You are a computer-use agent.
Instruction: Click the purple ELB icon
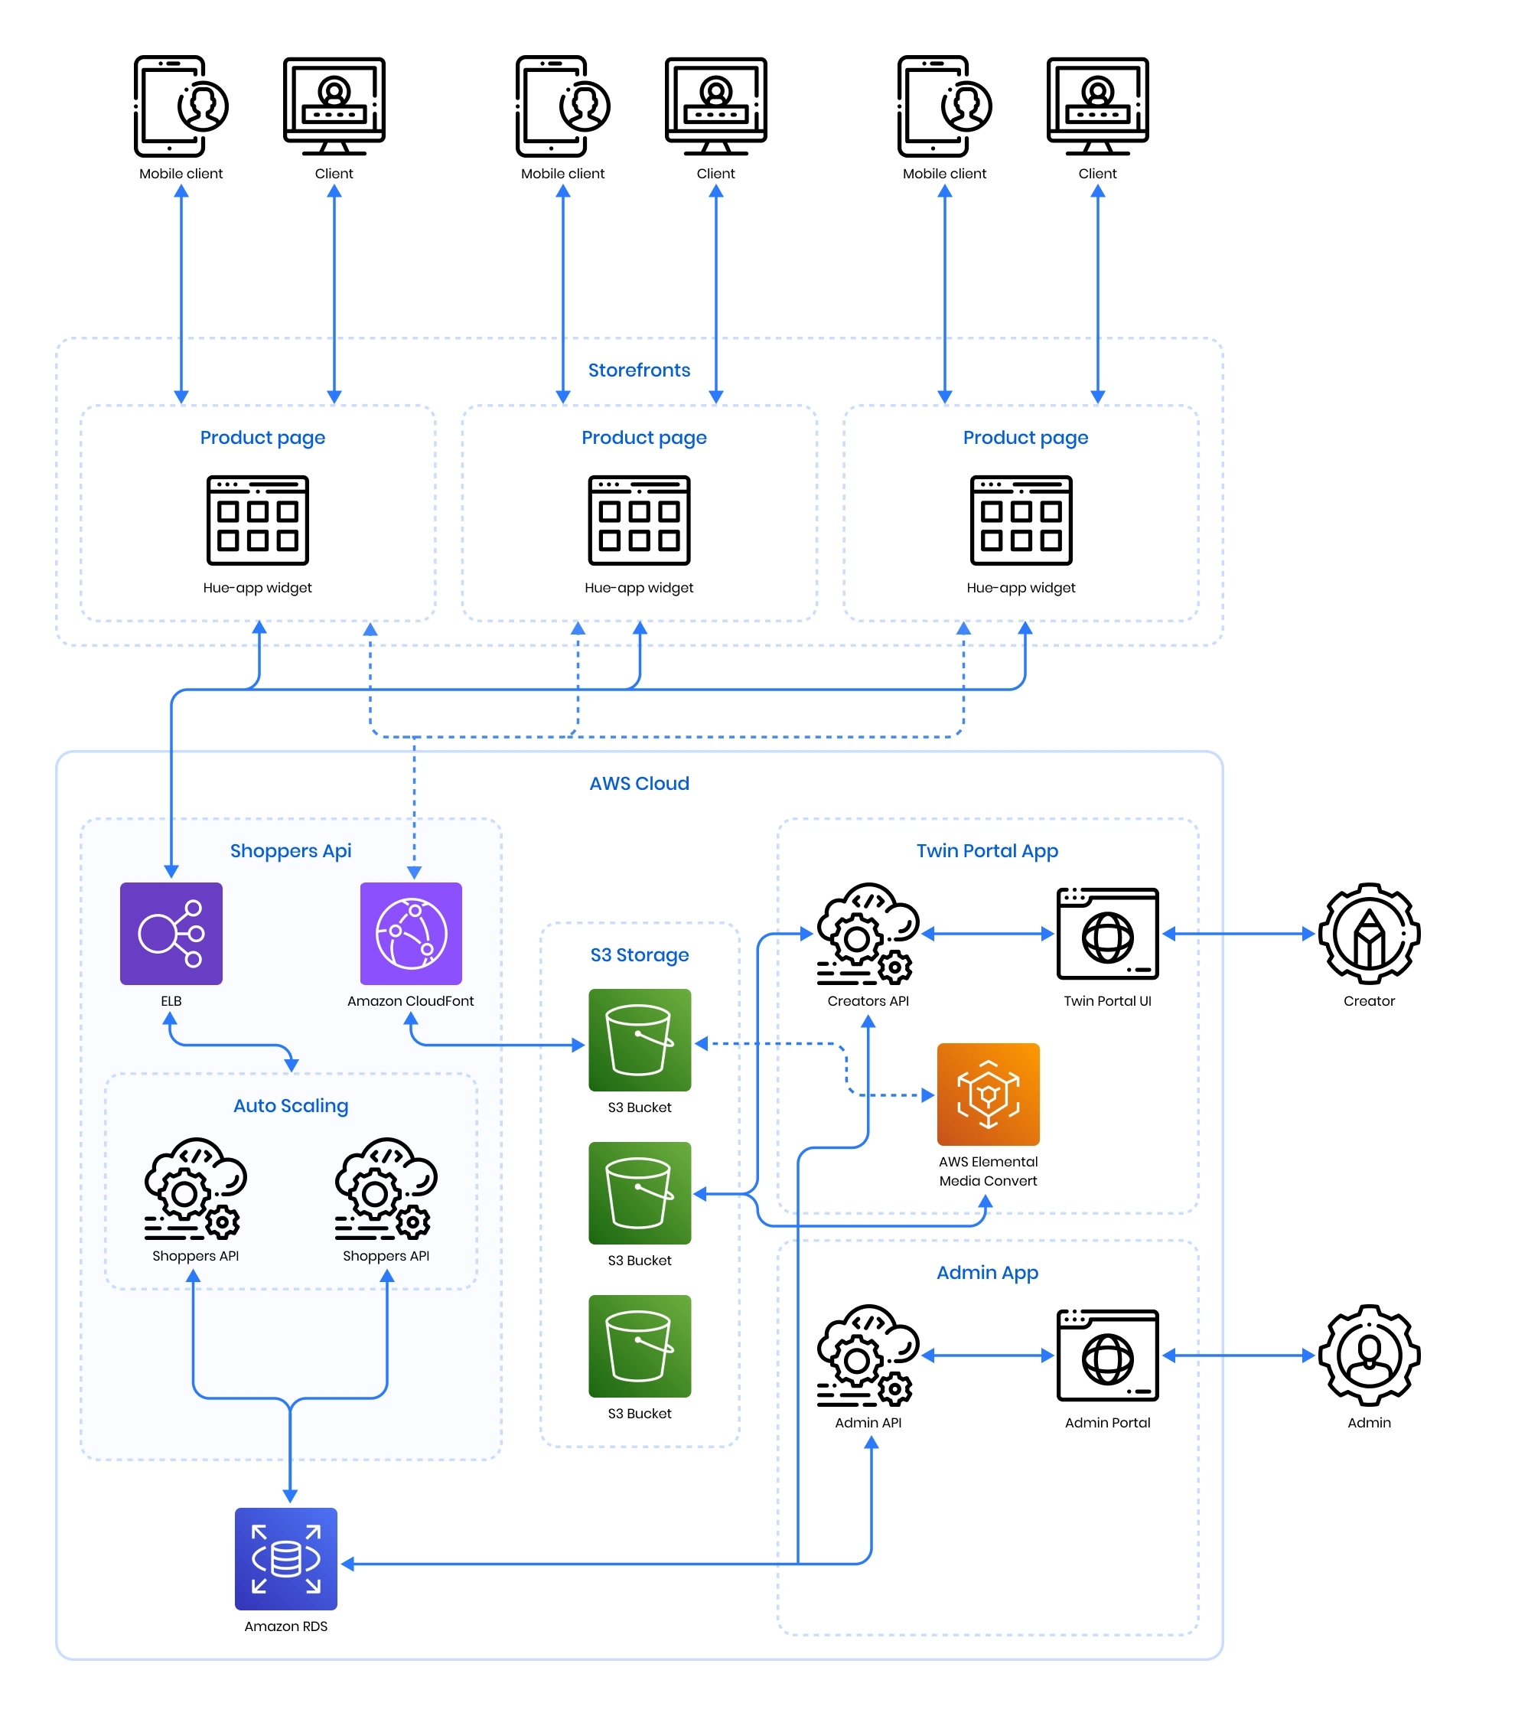coord(171,934)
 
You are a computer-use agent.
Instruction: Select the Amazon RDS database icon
coord(285,1559)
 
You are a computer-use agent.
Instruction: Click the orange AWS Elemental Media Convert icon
coord(988,1094)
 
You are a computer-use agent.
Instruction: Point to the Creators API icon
coord(868,934)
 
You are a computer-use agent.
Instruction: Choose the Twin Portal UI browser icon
coord(1107,934)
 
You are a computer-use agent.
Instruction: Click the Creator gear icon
coord(1369,934)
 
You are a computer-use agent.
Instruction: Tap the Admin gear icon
coord(1369,1355)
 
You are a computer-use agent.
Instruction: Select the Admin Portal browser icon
coord(1107,1355)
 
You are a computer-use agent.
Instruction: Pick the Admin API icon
coord(868,1355)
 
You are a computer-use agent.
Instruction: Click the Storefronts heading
coord(639,370)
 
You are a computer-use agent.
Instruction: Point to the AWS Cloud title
coord(639,783)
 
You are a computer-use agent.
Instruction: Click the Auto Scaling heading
coord(291,1106)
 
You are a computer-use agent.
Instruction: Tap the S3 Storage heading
coord(639,954)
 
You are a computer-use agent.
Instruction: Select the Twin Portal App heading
coord(987,850)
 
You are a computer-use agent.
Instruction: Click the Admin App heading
coord(987,1273)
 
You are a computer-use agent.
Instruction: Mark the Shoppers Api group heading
coord(291,850)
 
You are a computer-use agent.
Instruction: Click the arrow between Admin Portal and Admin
coord(1238,1355)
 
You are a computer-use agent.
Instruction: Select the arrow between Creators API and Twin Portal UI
coord(987,934)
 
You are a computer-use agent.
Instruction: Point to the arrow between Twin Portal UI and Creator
coord(1238,934)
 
